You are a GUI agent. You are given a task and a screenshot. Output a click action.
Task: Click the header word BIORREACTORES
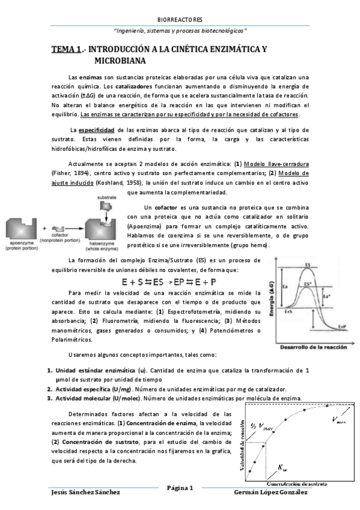click(x=179, y=19)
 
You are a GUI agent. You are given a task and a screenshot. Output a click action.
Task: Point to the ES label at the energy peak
click(x=308, y=265)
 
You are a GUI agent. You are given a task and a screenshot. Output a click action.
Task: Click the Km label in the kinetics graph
click(x=283, y=467)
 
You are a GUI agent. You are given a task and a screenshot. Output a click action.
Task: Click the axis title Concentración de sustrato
click(x=296, y=483)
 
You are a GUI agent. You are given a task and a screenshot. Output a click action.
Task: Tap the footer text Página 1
click(x=180, y=488)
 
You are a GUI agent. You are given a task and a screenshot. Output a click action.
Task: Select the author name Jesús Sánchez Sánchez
click(x=87, y=493)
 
